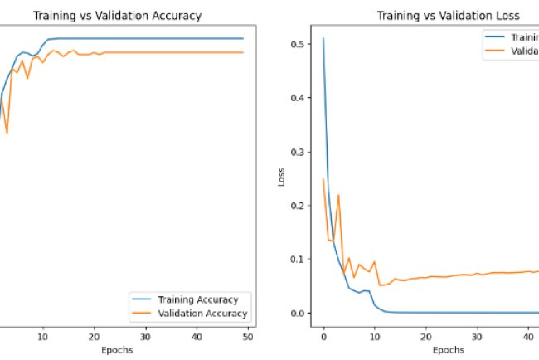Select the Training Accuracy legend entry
[x=197, y=299]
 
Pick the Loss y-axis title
[x=282, y=178]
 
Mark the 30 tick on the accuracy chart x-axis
[x=146, y=337]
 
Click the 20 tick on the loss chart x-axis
[x=425, y=337]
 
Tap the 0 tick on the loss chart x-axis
[x=323, y=337]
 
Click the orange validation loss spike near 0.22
[x=338, y=195]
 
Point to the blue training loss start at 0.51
[x=323, y=39]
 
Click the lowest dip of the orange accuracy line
[x=7, y=133]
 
